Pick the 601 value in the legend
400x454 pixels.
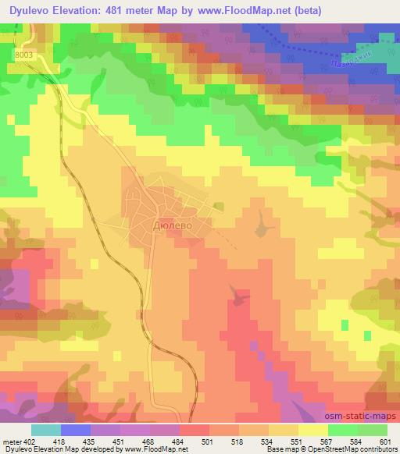pyautogui.click(x=386, y=443)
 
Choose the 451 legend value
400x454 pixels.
pyautogui.click(x=117, y=443)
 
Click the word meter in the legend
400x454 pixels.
pyautogui.click(x=10, y=443)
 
